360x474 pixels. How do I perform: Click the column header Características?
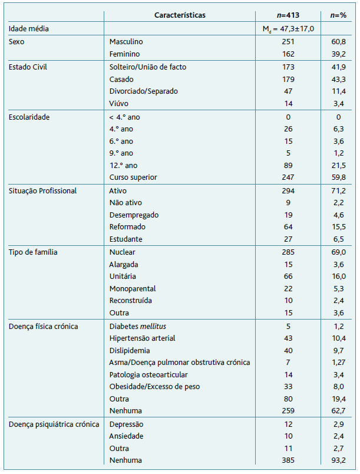point(180,15)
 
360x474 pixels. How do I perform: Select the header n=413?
point(288,15)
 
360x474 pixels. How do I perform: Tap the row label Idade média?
point(28,28)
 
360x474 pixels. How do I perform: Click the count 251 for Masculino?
point(288,42)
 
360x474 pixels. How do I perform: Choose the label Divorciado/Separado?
point(143,91)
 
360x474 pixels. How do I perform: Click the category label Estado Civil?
point(28,67)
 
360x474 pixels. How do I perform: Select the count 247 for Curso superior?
point(288,177)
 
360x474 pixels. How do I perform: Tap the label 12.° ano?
point(122,165)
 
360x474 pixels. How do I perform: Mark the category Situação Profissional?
point(43,190)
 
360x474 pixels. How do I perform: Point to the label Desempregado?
point(134,215)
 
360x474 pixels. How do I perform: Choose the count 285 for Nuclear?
point(288,252)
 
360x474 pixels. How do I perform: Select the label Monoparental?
point(133,289)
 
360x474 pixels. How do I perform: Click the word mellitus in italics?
point(156,326)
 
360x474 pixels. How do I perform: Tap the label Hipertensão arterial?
point(143,338)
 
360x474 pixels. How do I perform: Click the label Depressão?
point(127,424)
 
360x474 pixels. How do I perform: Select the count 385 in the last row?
point(288,460)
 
